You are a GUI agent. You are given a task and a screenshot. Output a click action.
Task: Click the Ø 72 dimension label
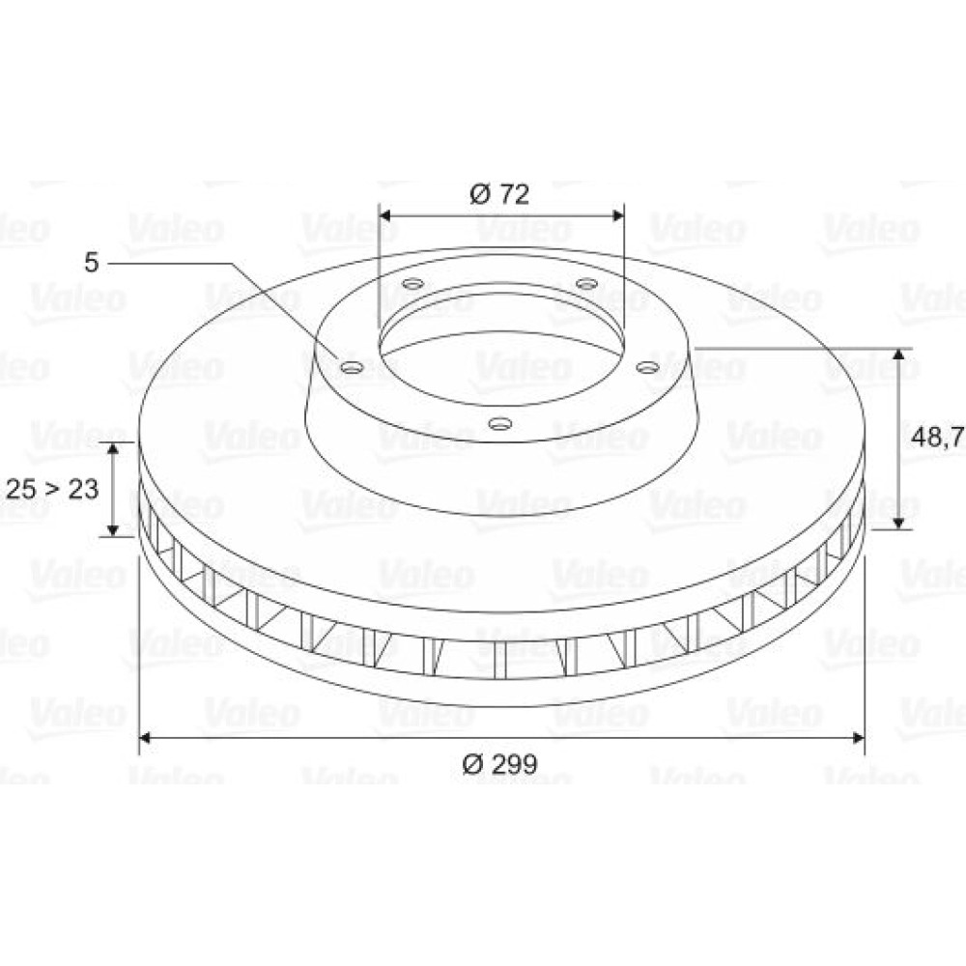pyautogui.click(x=499, y=194)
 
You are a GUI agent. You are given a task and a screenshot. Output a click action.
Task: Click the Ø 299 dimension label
pyautogui.click(x=499, y=764)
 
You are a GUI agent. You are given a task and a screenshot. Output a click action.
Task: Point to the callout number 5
pyautogui.click(x=91, y=263)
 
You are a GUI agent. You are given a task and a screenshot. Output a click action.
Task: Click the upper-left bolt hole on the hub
pyautogui.click(x=413, y=284)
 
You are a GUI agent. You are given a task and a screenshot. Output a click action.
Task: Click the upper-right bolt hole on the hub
pyautogui.click(x=586, y=284)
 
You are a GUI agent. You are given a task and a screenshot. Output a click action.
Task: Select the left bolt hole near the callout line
pyautogui.click(x=352, y=368)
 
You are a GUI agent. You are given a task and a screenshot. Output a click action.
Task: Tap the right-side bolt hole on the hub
pyautogui.click(x=647, y=368)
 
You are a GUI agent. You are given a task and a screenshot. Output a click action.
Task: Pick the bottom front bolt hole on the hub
pyautogui.click(x=500, y=423)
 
